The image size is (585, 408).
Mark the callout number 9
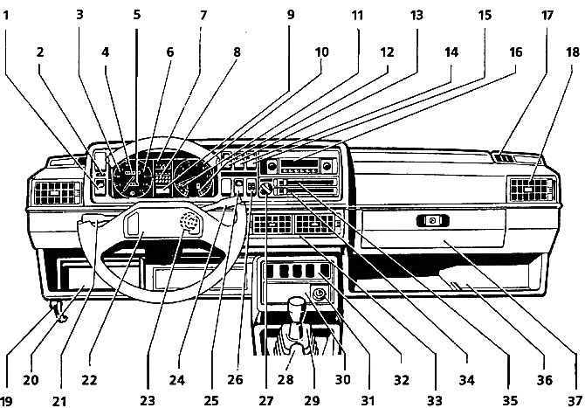pyautogui.click(x=290, y=14)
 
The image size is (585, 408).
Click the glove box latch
pyautogui.click(x=431, y=222)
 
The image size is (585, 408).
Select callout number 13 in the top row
pyautogui.click(x=416, y=14)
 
